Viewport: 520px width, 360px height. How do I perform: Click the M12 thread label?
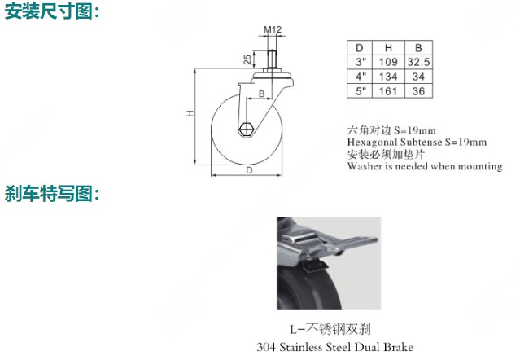(x=273, y=29)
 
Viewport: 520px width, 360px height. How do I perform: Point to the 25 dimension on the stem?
(x=247, y=59)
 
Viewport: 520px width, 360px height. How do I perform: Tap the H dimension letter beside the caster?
(x=190, y=113)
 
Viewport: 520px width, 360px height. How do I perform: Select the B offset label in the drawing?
(x=262, y=94)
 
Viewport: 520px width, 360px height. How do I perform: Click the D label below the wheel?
(x=249, y=170)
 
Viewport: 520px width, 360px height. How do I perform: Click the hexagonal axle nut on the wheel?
(x=246, y=129)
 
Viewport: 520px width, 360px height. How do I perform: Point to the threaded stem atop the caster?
(x=272, y=59)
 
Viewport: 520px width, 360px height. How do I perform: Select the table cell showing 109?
(x=388, y=62)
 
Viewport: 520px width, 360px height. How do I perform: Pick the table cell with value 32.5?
(x=418, y=62)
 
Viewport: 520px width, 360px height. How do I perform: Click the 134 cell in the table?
(x=388, y=77)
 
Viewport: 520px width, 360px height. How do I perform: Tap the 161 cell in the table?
(x=388, y=91)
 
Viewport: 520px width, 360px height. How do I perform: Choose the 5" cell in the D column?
(x=361, y=91)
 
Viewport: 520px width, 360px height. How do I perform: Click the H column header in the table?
(x=388, y=48)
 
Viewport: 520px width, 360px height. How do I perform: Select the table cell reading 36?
(x=418, y=91)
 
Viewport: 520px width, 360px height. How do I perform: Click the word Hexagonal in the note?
(x=372, y=143)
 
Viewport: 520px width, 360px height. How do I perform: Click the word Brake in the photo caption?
(x=398, y=347)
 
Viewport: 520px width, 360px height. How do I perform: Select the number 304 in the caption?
(x=266, y=347)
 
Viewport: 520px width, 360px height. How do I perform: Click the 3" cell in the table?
(x=361, y=62)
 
